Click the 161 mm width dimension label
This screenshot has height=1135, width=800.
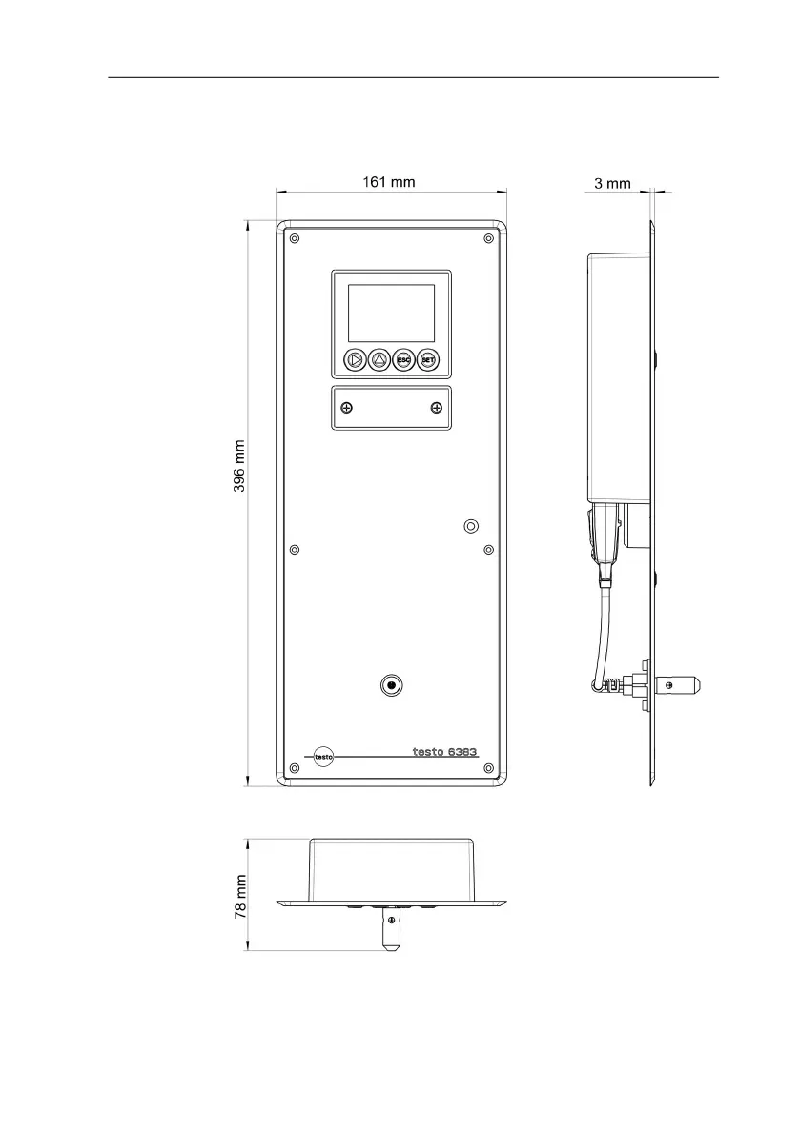tap(389, 182)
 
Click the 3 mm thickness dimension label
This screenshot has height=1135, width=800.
tap(612, 184)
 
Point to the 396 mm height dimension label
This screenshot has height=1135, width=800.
tap(239, 466)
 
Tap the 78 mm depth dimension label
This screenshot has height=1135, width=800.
tap(240, 897)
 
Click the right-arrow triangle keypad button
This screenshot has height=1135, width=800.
tap(355, 359)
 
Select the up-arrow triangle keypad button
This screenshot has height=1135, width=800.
tap(379, 359)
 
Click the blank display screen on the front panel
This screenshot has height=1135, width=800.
tap(392, 313)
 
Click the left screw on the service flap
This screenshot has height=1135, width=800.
tap(347, 408)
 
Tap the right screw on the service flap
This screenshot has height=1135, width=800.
tap(437, 408)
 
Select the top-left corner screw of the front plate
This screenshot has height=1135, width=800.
tap(294, 238)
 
